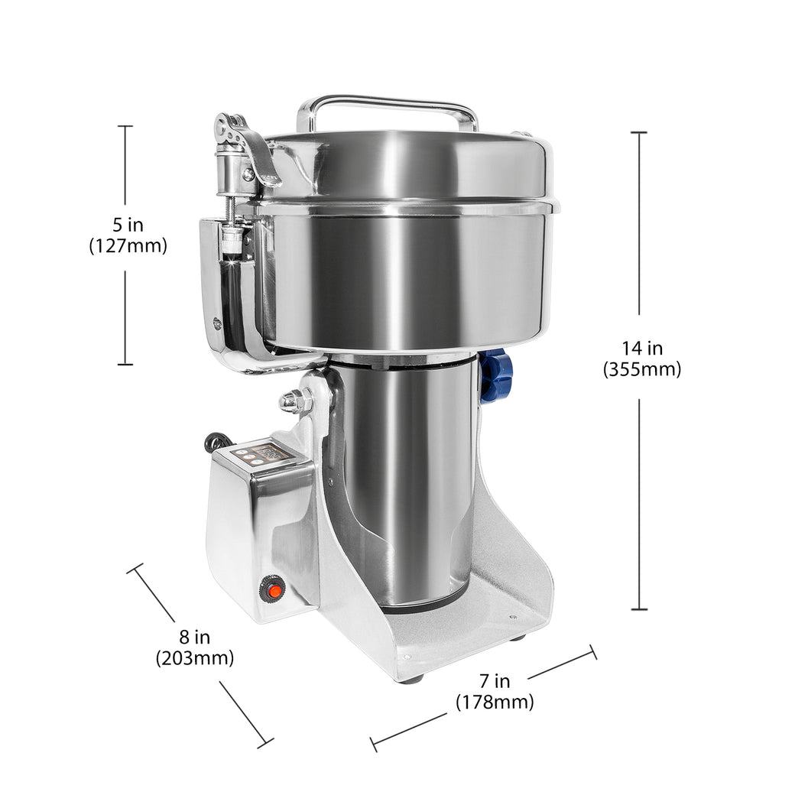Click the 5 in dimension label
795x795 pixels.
127,226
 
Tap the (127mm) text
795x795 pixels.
127,246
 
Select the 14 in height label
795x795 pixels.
641,349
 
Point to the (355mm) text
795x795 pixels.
641,369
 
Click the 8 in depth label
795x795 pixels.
194,637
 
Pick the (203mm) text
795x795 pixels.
194,657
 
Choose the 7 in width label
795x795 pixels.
495,681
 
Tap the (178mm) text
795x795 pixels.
495,702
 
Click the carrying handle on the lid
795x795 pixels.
387,103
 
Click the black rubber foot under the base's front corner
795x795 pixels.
410,678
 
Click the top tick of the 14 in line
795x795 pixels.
639,132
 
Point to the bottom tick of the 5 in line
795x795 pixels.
125,364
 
